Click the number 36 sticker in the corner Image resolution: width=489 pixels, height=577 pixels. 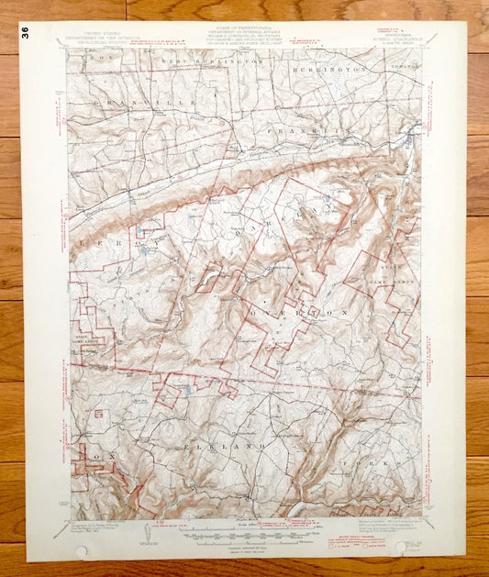coord(25,31)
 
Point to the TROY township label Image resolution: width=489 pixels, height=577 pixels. coord(91,58)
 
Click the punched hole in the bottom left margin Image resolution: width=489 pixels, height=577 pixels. coord(82,552)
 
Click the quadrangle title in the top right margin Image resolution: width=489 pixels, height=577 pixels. coord(386,39)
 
